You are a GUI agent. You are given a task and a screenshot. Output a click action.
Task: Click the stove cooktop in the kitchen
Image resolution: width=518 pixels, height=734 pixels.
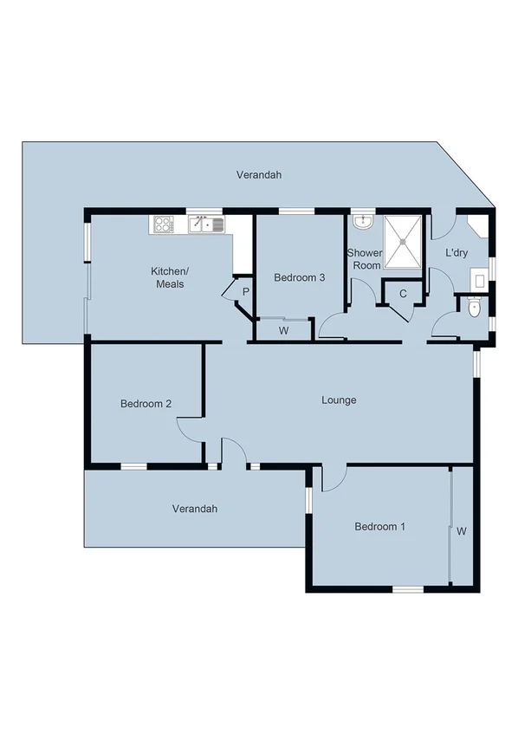163,225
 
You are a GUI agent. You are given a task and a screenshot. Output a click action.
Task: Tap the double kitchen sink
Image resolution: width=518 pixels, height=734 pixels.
207,225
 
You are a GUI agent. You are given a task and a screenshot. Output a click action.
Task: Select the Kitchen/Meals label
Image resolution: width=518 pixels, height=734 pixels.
170,278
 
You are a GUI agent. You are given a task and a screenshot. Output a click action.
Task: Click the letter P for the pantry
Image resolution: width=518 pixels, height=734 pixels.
245,292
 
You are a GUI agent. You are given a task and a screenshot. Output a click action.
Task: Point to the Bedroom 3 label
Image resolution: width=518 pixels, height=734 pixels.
299,278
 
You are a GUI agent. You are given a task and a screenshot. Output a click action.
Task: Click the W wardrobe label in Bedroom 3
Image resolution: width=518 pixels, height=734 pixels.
283,330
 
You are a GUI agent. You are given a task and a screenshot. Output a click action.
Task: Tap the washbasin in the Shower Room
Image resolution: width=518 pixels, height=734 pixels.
363,223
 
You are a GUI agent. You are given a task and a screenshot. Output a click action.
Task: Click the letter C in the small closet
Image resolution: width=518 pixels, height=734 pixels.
403,294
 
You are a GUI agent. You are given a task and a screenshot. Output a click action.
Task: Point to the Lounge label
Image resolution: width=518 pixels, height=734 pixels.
339,400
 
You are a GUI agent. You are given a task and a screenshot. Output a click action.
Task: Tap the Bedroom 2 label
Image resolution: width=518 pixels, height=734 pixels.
146,404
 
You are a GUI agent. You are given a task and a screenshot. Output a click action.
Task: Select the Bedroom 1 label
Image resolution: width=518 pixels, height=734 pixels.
379,527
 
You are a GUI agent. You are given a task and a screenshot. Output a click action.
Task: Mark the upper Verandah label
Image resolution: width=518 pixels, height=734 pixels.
259,175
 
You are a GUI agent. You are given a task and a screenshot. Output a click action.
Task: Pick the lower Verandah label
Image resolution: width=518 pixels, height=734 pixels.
194,509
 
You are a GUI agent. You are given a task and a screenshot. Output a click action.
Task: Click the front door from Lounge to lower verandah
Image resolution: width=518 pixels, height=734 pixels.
233,453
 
